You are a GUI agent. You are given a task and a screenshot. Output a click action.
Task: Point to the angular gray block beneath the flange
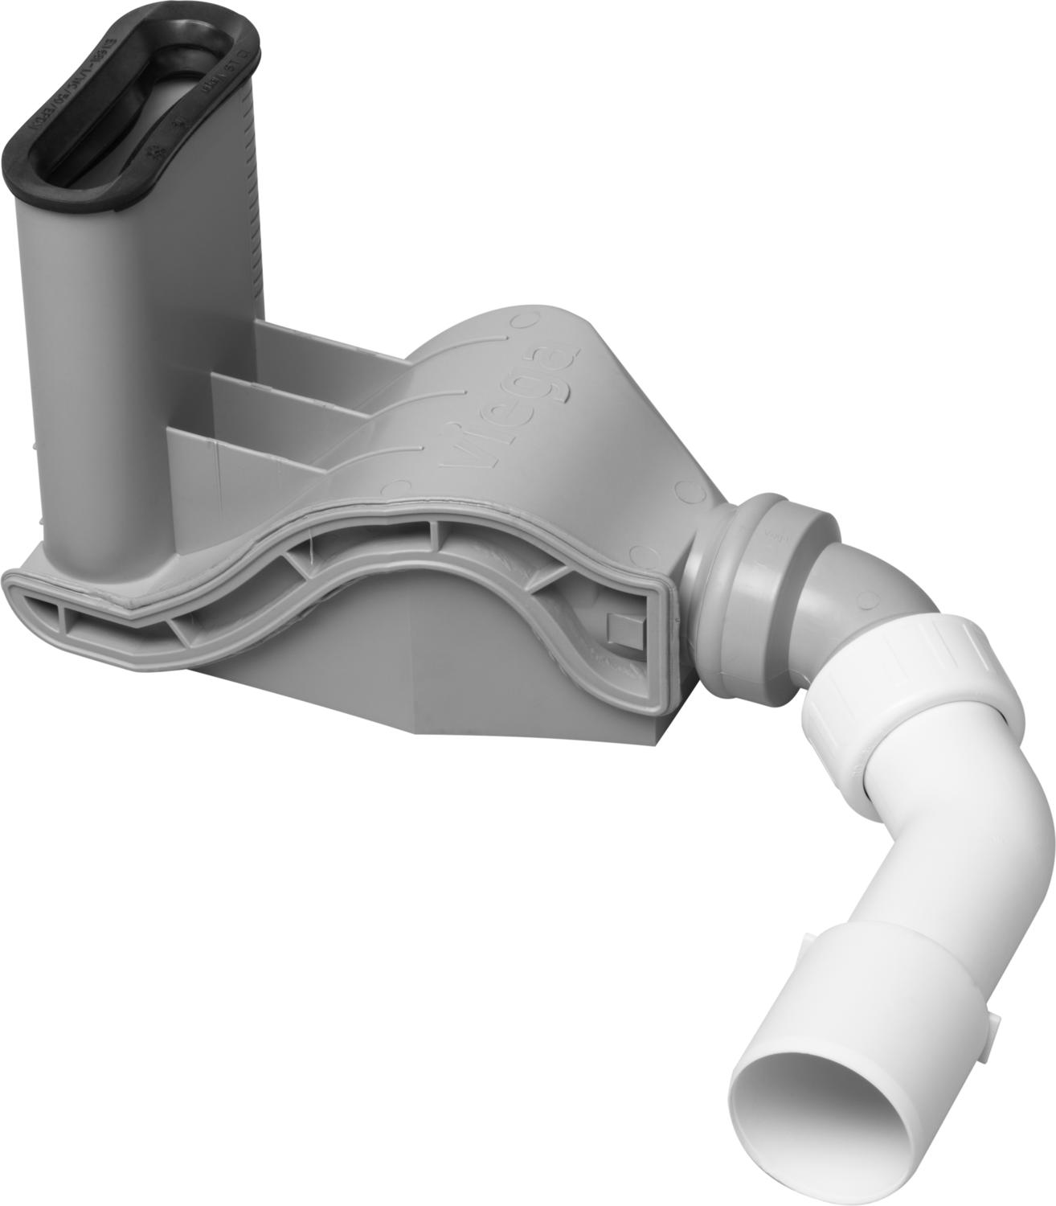pos(450,683)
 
